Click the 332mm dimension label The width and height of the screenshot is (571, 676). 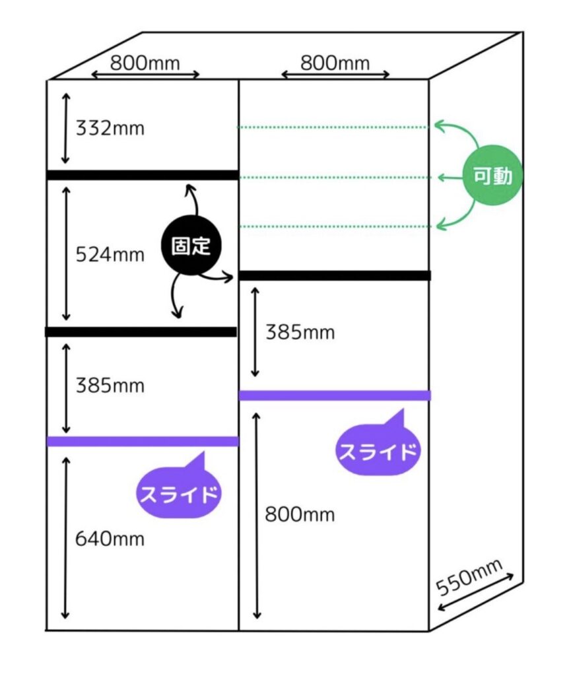(x=109, y=128)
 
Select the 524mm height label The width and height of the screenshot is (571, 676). (x=109, y=254)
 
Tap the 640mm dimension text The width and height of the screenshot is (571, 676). (x=109, y=539)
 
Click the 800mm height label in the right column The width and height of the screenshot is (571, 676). (x=299, y=514)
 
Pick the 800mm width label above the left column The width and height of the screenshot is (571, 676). (x=145, y=63)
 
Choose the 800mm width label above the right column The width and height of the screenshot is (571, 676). (x=335, y=63)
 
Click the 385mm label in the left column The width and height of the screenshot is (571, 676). (x=109, y=385)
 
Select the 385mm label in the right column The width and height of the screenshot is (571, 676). (x=299, y=332)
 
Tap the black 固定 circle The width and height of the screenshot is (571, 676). (x=191, y=246)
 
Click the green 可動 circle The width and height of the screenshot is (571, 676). (x=492, y=176)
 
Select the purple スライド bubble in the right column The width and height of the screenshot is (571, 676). (x=378, y=451)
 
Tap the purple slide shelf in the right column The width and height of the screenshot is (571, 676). (x=335, y=395)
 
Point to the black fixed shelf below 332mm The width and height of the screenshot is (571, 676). (x=142, y=175)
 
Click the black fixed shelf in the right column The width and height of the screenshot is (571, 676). (x=335, y=275)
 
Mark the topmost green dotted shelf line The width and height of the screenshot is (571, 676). (x=333, y=127)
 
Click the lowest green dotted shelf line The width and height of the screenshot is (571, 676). (x=333, y=227)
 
